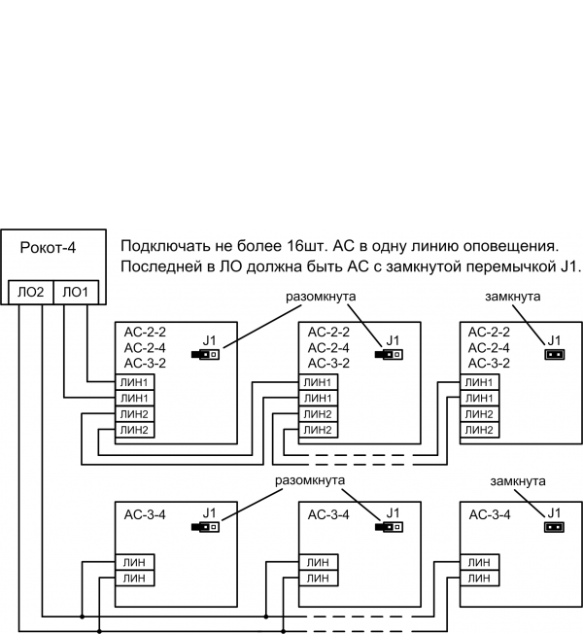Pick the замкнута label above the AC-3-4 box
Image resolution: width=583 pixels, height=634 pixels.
518,482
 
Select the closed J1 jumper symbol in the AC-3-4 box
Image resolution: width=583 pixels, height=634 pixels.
553,527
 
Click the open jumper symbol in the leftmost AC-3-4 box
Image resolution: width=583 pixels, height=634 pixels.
207,527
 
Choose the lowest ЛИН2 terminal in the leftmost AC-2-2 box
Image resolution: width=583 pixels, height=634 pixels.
135,429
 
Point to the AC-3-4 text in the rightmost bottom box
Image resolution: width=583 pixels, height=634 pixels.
490,514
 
